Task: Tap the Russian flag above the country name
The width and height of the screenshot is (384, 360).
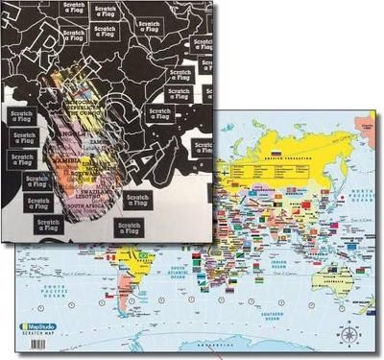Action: pyautogui.click(x=276, y=154)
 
